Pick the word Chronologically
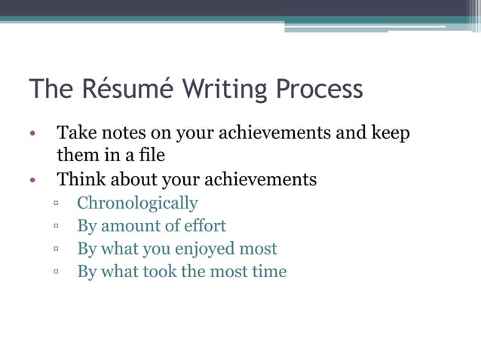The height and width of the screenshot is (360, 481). coord(137,203)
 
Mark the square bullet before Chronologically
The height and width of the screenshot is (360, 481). coord(57,204)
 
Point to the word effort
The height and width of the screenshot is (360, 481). coord(204,226)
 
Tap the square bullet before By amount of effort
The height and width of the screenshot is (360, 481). coord(57,227)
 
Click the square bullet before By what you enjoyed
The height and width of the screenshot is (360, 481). coord(57,249)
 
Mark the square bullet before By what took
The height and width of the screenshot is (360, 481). coord(57,272)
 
